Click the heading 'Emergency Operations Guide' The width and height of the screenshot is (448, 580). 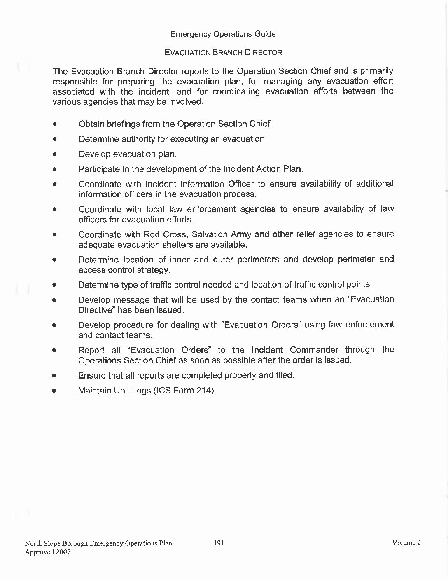pyautogui.click(x=223, y=34)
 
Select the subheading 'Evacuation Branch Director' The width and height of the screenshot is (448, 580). pyautogui.click(x=223, y=53)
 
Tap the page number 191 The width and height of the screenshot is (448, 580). pyautogui.click(x=219, y=543)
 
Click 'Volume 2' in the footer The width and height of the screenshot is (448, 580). pyautogui.click(x=406, y=543)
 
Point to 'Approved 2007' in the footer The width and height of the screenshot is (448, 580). pyautogui.click(x=47, y=552)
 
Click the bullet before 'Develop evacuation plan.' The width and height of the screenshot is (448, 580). pyautogui.click(x=54, y=154)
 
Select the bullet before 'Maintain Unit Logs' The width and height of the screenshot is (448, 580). pyautogui.click(x=54, y=391)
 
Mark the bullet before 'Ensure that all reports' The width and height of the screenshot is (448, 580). pyautogui.click(x=54, y=376)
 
